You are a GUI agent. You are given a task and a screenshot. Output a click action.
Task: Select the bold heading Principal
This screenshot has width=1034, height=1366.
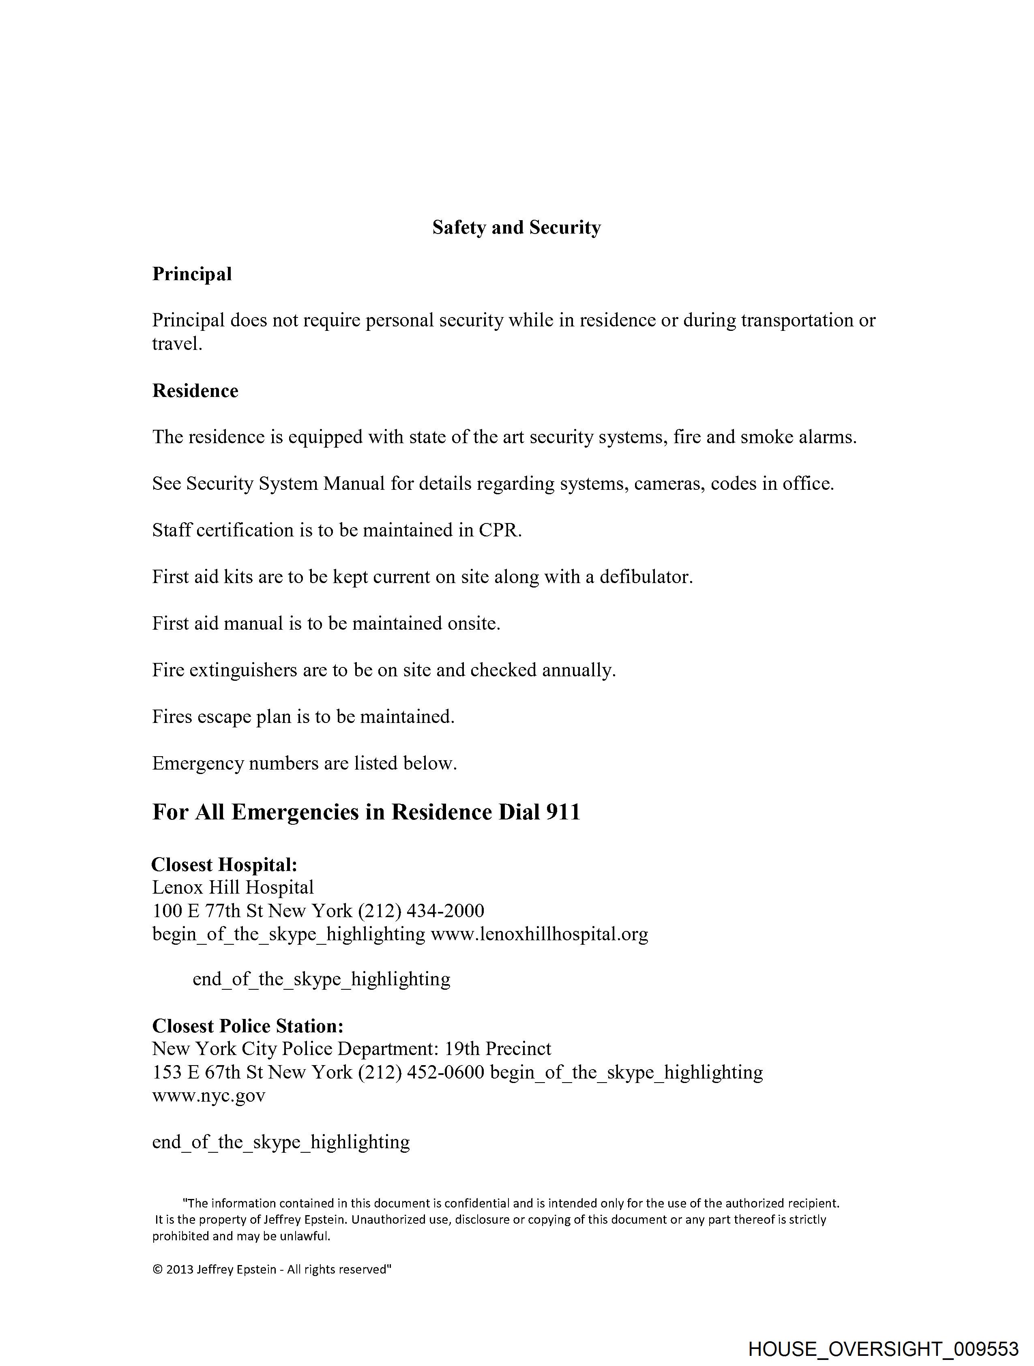192,274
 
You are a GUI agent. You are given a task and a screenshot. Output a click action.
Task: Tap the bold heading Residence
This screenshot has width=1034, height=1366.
195,390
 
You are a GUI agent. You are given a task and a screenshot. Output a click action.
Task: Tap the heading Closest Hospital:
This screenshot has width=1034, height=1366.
225,864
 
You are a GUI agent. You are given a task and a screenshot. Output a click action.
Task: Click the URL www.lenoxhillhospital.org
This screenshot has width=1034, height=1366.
539,934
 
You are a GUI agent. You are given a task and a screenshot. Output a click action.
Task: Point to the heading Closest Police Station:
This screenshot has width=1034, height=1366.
248,1026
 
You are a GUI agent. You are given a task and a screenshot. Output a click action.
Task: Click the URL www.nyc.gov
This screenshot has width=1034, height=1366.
209,1096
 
